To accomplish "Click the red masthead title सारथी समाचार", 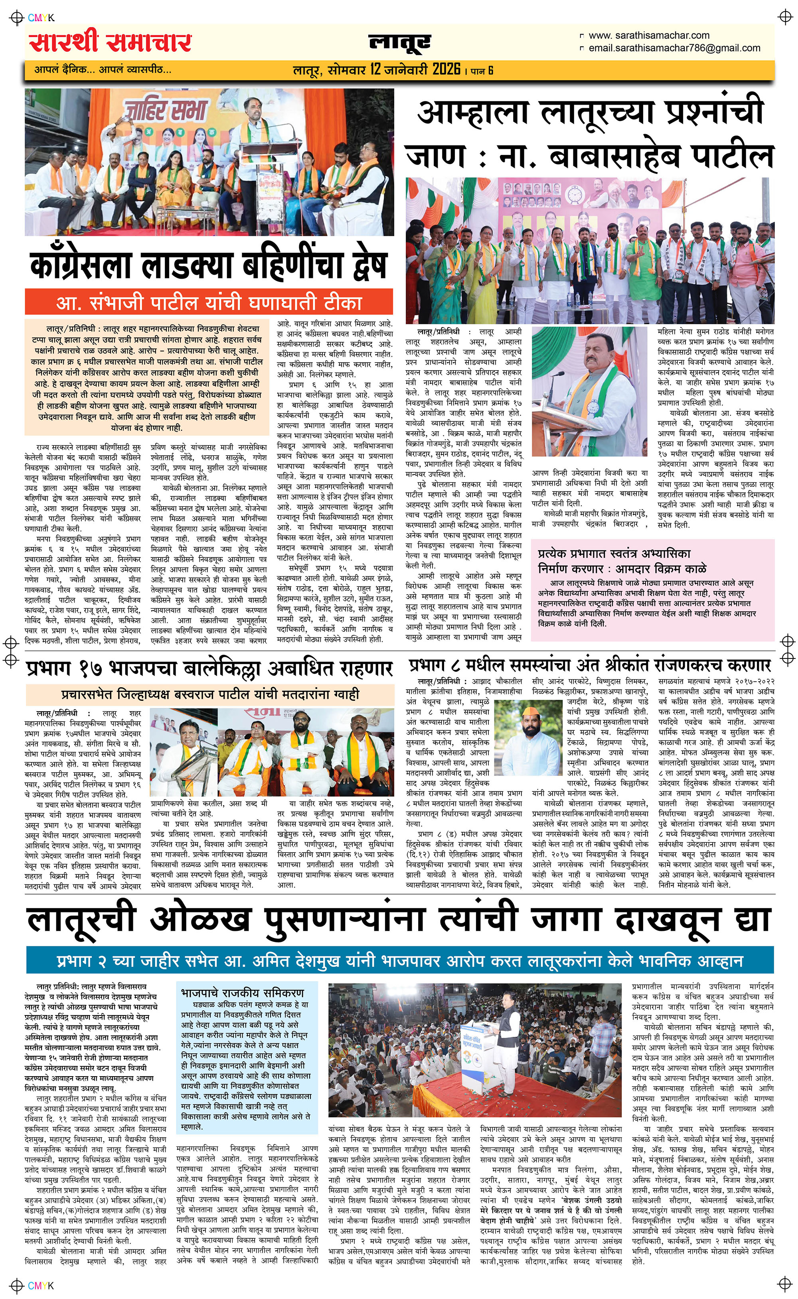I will pos(110,42).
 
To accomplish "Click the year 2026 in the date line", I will pos(446,69).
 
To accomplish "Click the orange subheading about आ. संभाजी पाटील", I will pos(209,303).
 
